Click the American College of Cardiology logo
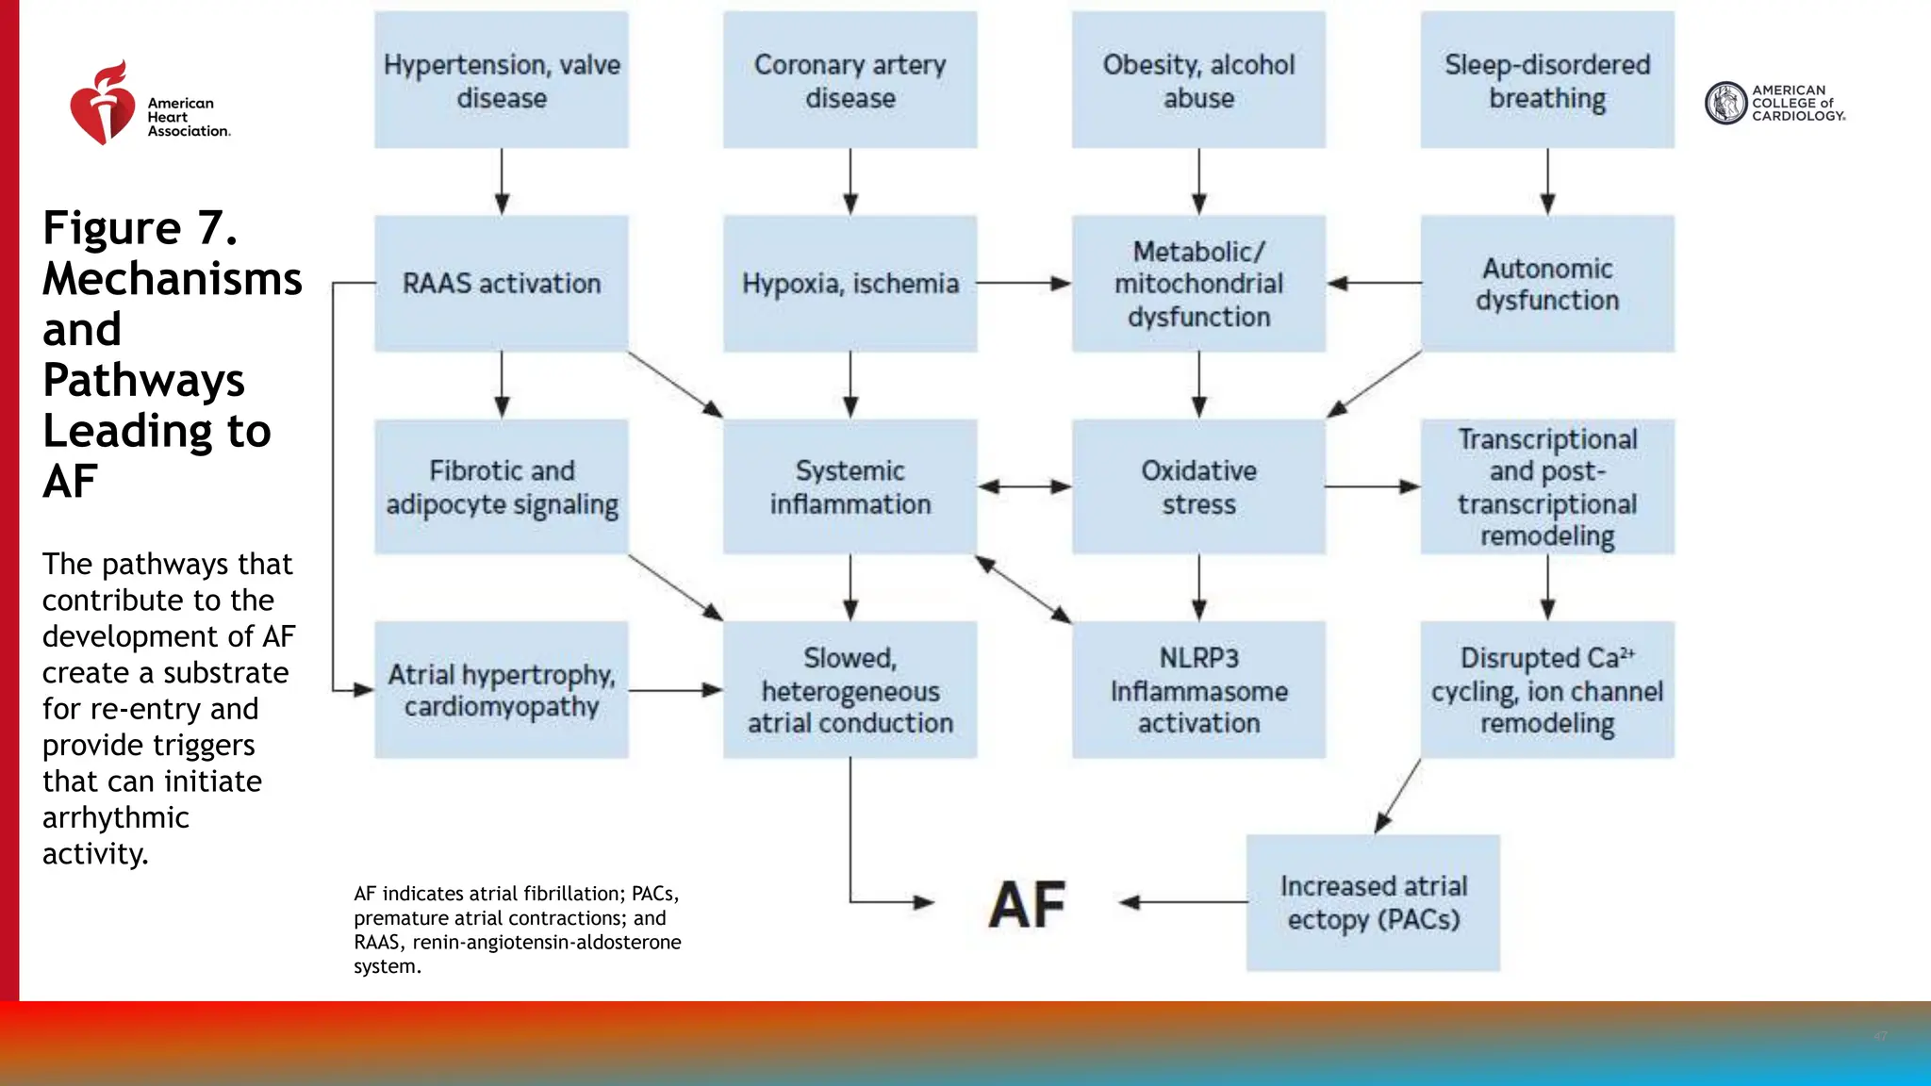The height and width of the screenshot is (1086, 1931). [1774, 103]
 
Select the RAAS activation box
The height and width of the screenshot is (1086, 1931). [501, 283]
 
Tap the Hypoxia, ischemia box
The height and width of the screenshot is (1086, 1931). [850, 283]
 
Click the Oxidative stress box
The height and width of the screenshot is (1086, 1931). [1198, 486]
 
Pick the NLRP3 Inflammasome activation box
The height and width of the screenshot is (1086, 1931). [1198, 690]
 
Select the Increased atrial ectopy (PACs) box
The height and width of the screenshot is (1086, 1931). [1373, 902]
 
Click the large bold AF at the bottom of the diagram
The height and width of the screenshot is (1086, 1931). [1027, 905]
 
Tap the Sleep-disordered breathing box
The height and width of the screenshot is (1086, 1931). [1547, 80]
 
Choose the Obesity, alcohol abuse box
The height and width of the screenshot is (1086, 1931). [1198, 80]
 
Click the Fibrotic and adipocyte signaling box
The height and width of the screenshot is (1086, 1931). [501, 486]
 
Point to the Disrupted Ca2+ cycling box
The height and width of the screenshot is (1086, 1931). [1547, 690]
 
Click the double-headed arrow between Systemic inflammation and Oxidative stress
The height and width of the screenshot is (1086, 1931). [1024, 486]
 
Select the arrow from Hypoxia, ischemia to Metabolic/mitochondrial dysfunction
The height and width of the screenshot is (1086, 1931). [1024, 283]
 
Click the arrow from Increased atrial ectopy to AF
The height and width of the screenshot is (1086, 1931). [1183, 902]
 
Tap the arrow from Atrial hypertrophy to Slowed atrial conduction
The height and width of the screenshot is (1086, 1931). [675, 690]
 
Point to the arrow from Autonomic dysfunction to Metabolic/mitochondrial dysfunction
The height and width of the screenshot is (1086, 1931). [1374, 283]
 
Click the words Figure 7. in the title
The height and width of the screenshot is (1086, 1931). [140, 228]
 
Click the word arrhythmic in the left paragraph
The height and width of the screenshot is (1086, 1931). [115, 817]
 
